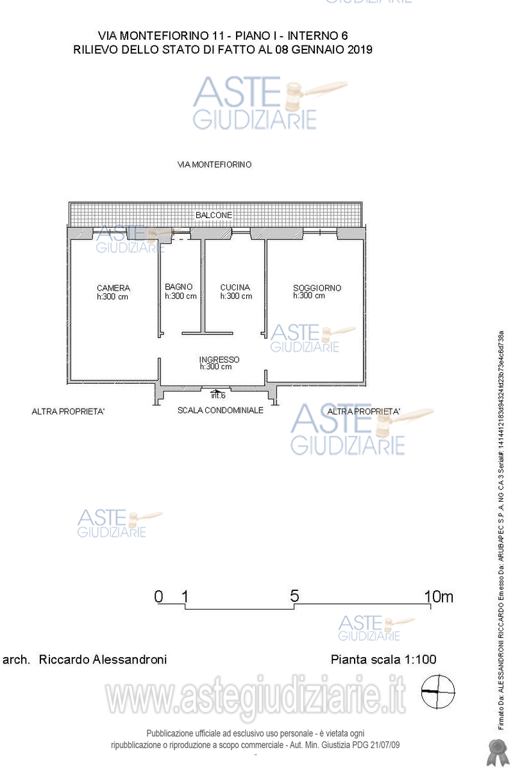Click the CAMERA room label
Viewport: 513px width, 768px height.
114,288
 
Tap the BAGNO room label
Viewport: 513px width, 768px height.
179,287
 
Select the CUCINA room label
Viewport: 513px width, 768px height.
235,287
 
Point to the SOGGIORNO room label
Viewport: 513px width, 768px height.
317,287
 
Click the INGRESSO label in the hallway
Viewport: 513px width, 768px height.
219,359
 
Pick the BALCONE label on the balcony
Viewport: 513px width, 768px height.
214,215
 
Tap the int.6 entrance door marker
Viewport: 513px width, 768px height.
218,395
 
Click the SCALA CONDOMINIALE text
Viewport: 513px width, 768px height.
221,410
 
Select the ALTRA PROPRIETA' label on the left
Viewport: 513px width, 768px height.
68,411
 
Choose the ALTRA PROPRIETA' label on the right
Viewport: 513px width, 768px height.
364,411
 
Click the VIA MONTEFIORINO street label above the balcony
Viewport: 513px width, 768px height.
214,164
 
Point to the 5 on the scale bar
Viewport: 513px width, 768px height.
294,595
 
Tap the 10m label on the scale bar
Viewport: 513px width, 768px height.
439,596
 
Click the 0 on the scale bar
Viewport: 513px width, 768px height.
158,596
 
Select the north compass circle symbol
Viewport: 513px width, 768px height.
438,692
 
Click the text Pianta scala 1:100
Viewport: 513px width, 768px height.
383,660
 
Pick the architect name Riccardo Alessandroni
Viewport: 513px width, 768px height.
103,660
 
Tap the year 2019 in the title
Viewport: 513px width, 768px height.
360,49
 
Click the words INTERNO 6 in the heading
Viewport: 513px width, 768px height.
317,35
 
